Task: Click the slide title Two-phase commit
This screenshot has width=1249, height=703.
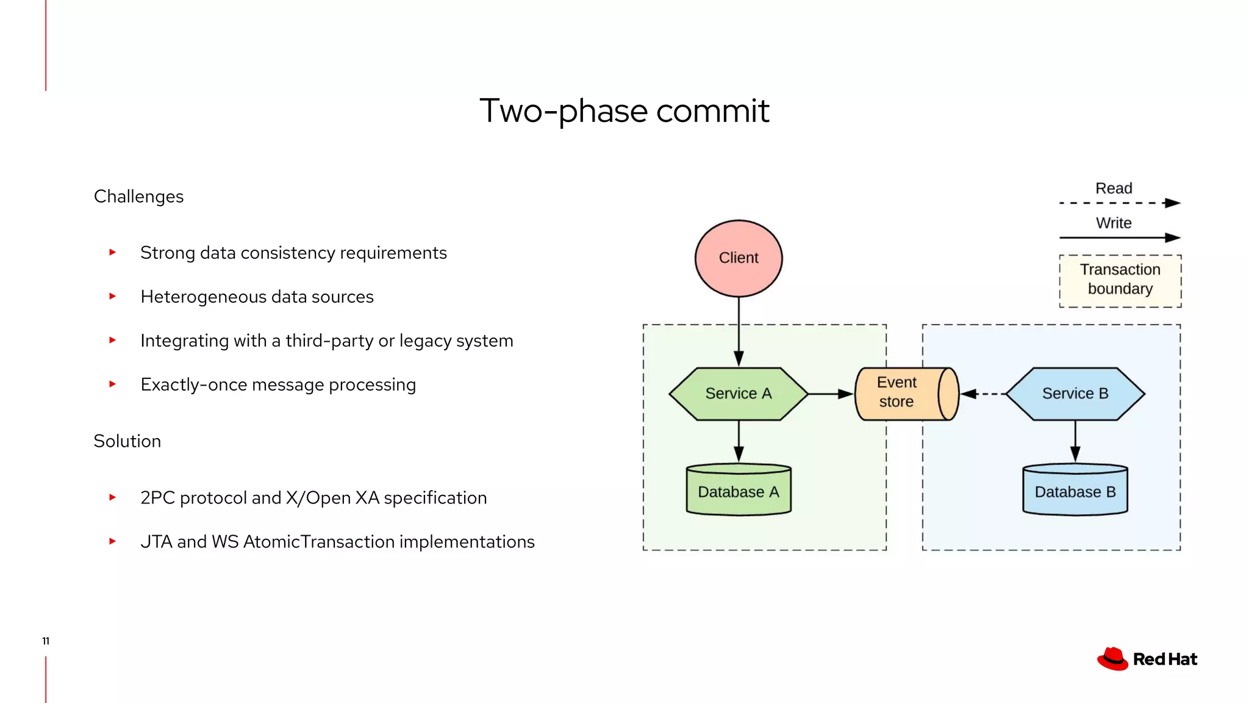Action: click(x=624, y=111)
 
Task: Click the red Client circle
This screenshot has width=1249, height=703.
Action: click(x=739, y=258)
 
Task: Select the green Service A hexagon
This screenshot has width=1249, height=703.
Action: click(x=738, y=394)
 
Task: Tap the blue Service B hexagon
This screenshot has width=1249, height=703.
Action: click(x=1075, y=394)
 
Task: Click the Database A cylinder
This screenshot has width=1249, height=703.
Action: click(x=738, y=491)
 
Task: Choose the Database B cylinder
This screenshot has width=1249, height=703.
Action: click(x=1075, y=491)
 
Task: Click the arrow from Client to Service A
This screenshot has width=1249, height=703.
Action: click(x=739, y=333)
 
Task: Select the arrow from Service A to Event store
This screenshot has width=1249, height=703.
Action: click(x=831, y=394)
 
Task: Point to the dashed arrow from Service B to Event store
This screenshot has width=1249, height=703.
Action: click(x=983, y=394)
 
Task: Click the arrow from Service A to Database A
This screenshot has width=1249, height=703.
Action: click(x=739, y=441)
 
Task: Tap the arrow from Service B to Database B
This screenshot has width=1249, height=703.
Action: click(x=1075, y=441)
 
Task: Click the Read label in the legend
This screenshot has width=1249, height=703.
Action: click(x=1114, y=189)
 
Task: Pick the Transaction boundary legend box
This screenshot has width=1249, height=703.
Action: click(x=1120, y=281)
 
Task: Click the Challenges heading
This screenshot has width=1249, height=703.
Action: click(x=138, y=196)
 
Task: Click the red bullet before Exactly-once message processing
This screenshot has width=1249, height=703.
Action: click(x=112, y=384)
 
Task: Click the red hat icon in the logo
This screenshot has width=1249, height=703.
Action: click(x=1113, y=659)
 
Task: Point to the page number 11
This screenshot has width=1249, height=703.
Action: click(x=46, y=641)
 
